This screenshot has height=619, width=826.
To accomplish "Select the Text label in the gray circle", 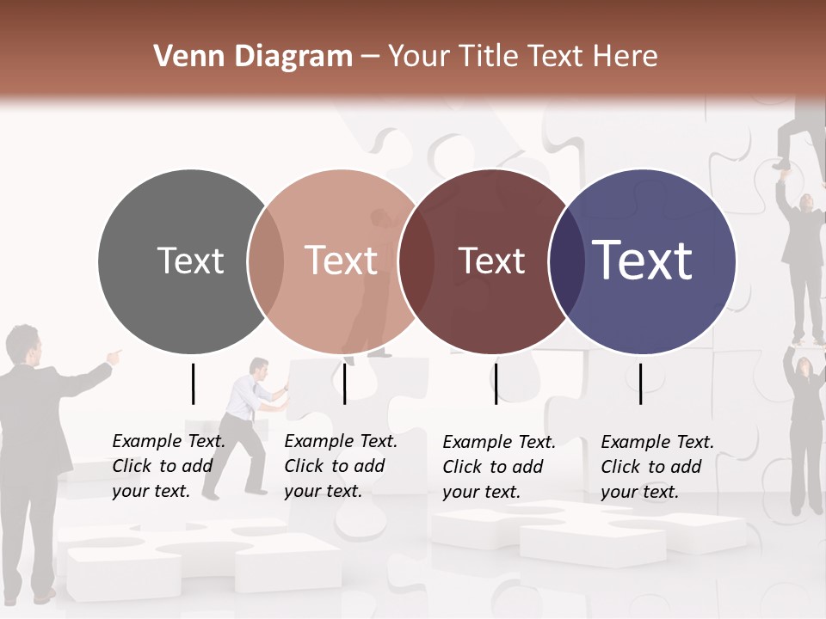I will (190, 260).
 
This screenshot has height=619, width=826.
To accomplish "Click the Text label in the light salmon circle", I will (341, 260).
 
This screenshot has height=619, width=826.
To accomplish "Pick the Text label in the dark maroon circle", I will (491, 260).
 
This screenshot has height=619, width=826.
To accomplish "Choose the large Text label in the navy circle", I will (643, 260).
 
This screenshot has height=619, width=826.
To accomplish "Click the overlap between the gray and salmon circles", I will (266, 261).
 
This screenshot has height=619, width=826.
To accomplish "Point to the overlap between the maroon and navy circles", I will (566, 261).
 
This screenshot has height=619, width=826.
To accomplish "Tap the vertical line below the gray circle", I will (193, 383).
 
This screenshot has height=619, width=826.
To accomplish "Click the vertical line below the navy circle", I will (640, 383).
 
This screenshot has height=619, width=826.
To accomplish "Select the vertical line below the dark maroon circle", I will (496, 383).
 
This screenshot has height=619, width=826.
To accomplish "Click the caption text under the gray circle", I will (168, 466).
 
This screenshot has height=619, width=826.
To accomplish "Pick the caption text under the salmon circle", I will (340, 466).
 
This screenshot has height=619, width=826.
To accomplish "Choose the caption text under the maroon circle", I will (498, 467).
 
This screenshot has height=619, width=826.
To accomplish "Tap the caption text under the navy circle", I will (656, 467).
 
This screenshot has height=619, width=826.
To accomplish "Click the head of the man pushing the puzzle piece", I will (259, 367).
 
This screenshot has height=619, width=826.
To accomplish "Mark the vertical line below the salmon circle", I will (344, 383).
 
